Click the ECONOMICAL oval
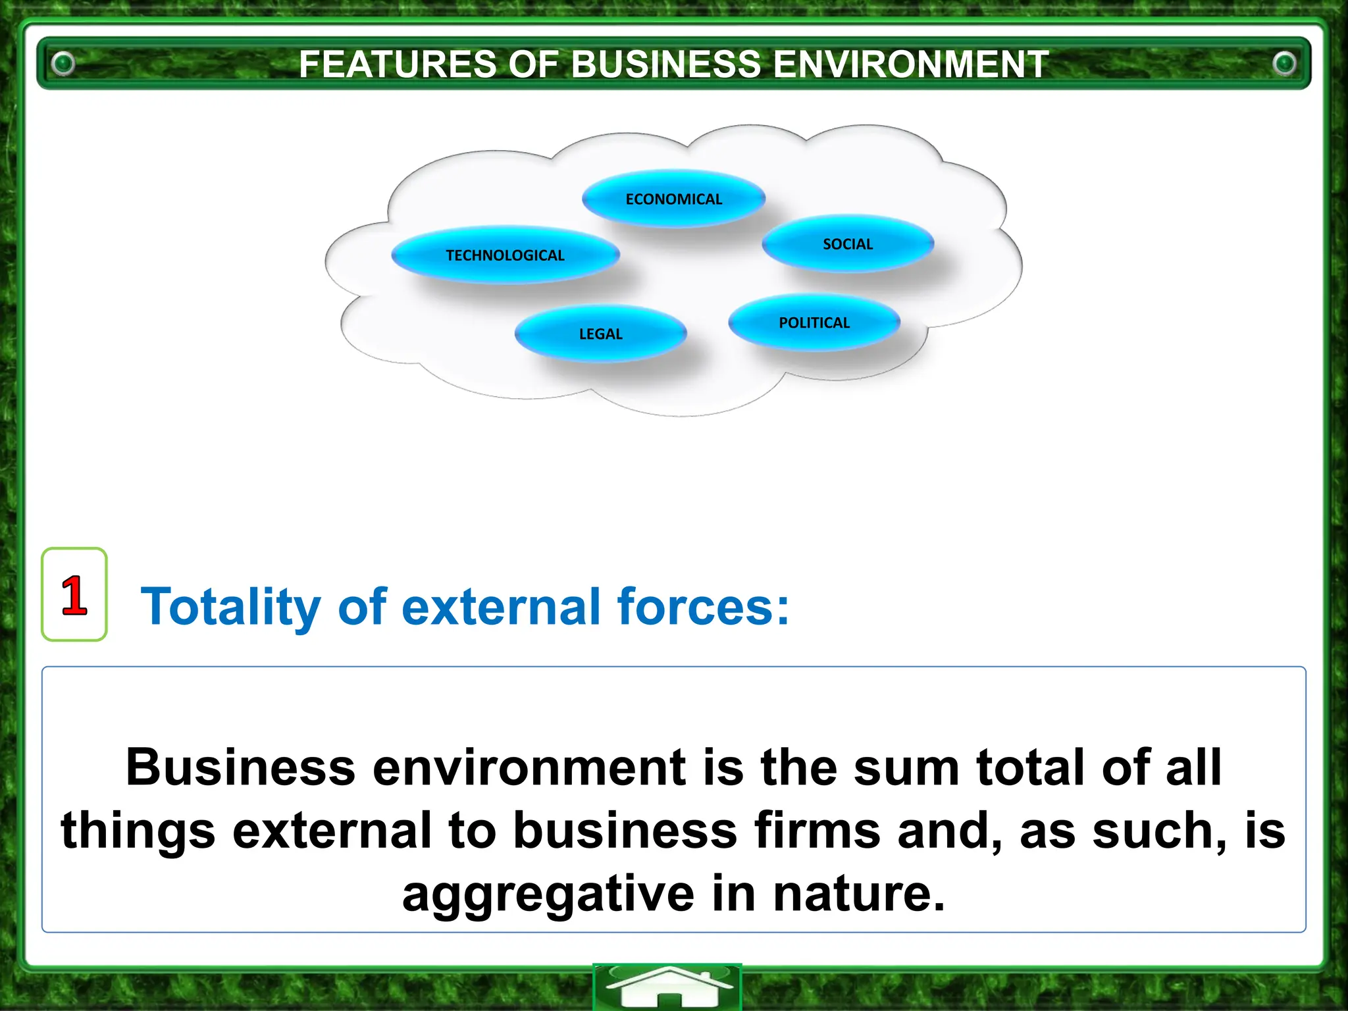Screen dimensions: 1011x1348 (x=673, y=199)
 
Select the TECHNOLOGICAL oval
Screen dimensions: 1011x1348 (x=505, y=255)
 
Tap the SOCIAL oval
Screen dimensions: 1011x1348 (x=848, y=244)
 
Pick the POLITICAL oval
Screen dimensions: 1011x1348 (x=814, y=323)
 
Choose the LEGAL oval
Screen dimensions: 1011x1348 (x=600, y=334)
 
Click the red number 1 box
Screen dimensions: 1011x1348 (x=74, y=594)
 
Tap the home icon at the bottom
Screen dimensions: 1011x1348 (x=667, y=987)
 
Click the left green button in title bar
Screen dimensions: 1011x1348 (x=64, y=64)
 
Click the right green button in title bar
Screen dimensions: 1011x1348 (x=1283, y=64)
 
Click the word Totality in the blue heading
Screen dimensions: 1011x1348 (x=230, y=607)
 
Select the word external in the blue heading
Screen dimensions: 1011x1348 (x=501, y=607)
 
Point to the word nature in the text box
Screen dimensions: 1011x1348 (x=858, y=894)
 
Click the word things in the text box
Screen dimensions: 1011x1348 (x=138, y=831)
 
